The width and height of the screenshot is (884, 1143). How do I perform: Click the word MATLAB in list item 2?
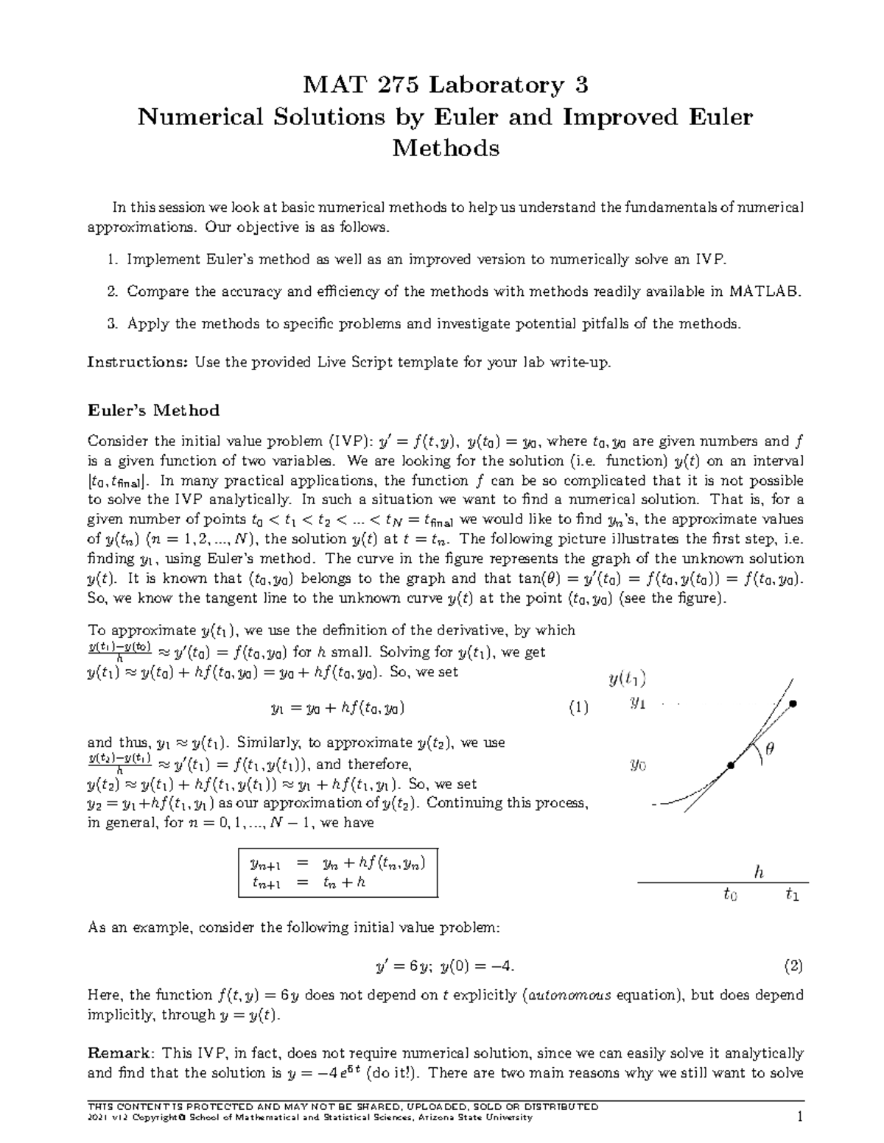764,291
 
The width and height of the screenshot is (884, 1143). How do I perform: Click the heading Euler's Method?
153,410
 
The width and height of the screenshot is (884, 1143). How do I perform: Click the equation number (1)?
578,708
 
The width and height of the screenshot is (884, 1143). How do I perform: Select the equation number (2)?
793,965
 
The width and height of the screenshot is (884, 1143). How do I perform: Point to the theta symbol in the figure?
770,749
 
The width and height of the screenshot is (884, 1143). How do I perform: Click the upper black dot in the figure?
793,704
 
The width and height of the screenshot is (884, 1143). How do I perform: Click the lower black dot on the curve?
731,766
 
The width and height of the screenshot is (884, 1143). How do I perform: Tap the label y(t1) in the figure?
627,679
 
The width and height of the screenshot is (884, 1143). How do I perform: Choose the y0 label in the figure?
637,765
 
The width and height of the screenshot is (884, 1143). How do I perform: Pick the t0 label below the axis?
729,895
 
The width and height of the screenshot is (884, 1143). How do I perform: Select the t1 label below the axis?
792,895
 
